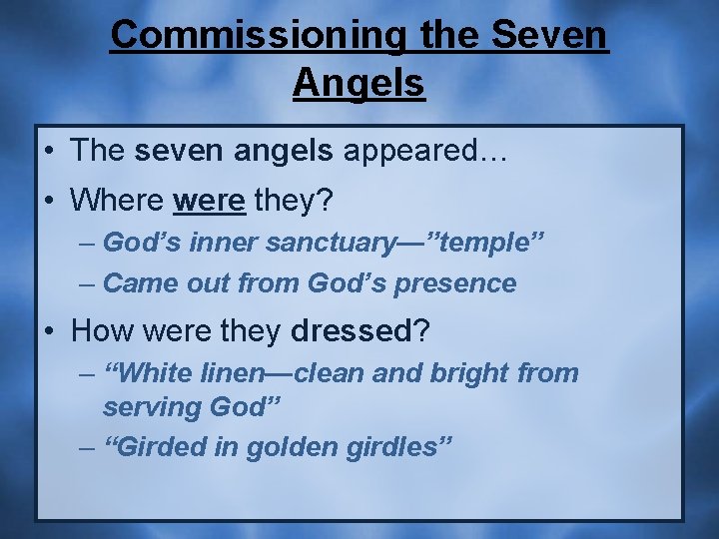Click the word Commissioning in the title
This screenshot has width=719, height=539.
[256, 35]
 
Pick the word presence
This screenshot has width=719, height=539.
[455, 283]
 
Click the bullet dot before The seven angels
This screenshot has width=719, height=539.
[51, 152]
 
